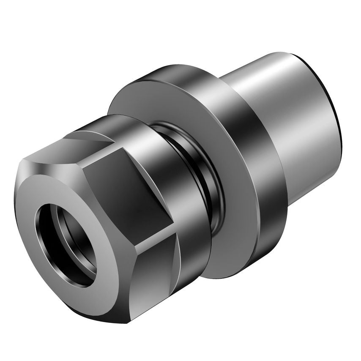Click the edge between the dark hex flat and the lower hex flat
(144, 243)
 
